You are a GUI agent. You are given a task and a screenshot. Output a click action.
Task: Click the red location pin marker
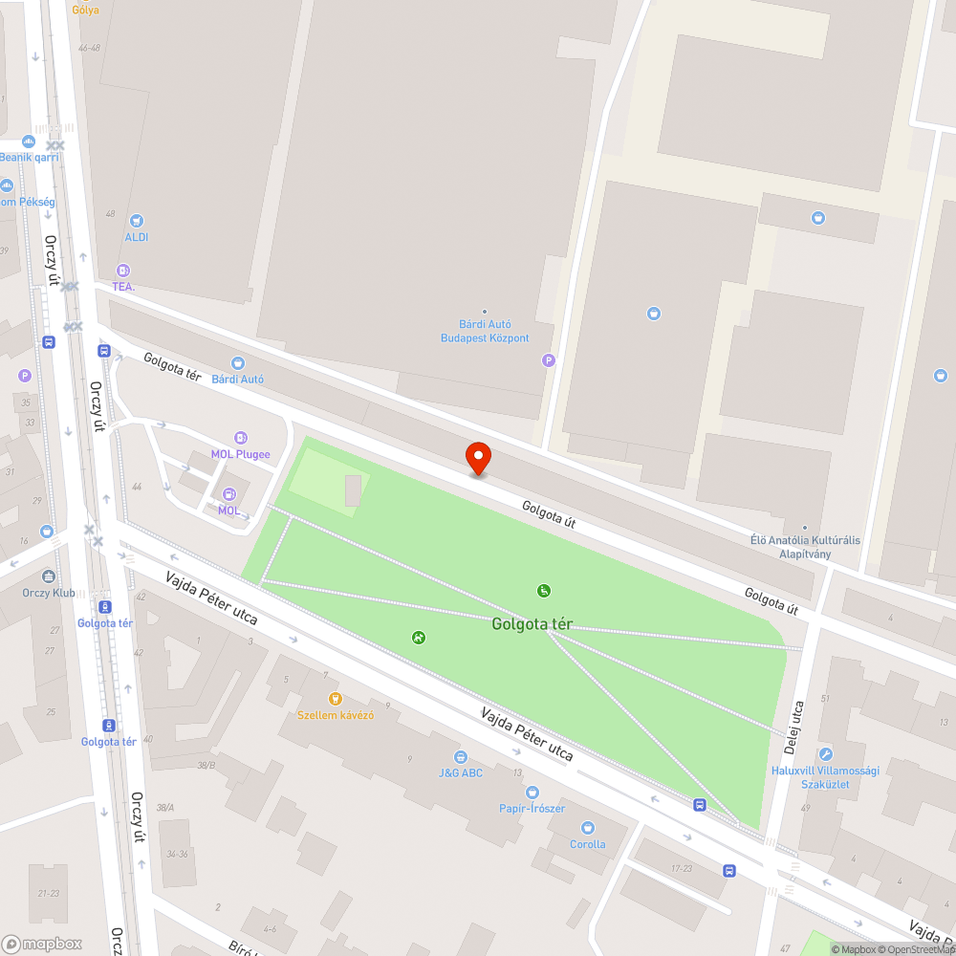477,459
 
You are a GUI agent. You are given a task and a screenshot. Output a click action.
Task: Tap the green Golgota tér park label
532,624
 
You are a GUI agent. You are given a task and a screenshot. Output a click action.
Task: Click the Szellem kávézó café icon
334,699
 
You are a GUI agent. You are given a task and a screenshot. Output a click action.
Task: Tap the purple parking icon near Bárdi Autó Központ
548,360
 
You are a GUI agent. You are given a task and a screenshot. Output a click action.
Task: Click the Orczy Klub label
49,593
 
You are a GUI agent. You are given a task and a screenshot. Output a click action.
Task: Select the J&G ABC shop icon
460,756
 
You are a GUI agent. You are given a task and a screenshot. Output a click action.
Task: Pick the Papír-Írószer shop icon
532,793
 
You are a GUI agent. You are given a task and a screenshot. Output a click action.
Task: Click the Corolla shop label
587,844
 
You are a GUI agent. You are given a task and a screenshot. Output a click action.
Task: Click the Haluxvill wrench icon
825,754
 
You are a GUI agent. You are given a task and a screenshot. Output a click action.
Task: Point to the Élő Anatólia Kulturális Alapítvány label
804,547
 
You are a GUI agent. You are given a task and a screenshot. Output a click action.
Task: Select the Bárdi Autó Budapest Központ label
484,332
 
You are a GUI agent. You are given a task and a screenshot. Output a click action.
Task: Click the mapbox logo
42,944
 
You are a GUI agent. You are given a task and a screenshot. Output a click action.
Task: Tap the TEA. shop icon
122,271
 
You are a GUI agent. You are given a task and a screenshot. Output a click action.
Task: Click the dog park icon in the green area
418,638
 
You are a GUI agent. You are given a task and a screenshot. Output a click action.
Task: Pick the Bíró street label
240,947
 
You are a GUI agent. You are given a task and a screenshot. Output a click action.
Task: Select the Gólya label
85,11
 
